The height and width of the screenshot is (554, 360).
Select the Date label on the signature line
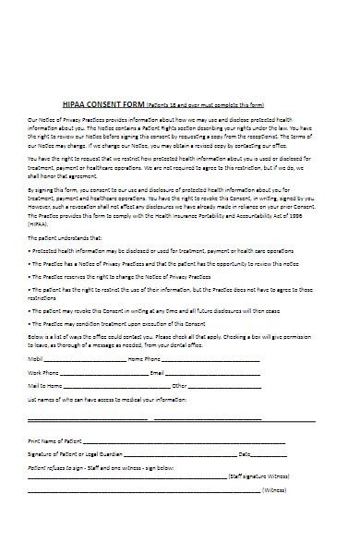[x=246, y=455]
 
